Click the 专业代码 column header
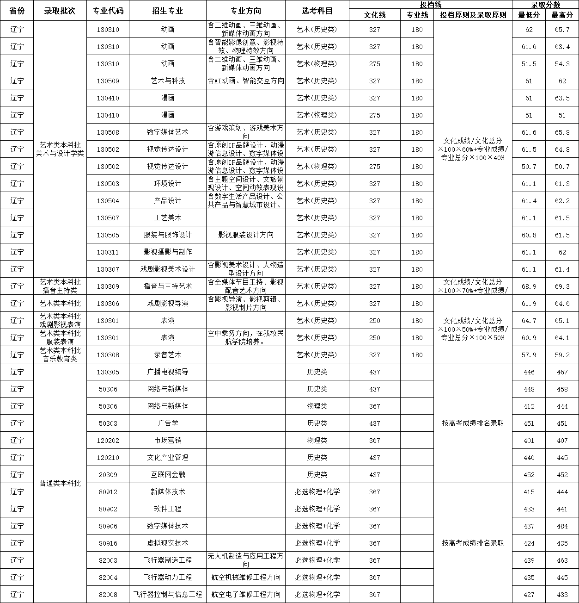108,11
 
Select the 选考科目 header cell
317,11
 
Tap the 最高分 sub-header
562,15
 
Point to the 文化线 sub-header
374,15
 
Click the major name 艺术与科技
168,81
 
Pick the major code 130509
108,81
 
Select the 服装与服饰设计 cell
168,235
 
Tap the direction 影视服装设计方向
246,235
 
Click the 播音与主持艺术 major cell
168,286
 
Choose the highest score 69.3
562,286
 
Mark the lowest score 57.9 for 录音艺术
529,355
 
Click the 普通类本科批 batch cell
60,483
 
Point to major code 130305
108,372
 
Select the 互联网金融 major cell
168,475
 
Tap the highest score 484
562,526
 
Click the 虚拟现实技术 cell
168,543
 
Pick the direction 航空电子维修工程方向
246,595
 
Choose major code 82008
108,595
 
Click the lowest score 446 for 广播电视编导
529,372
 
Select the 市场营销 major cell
168,441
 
